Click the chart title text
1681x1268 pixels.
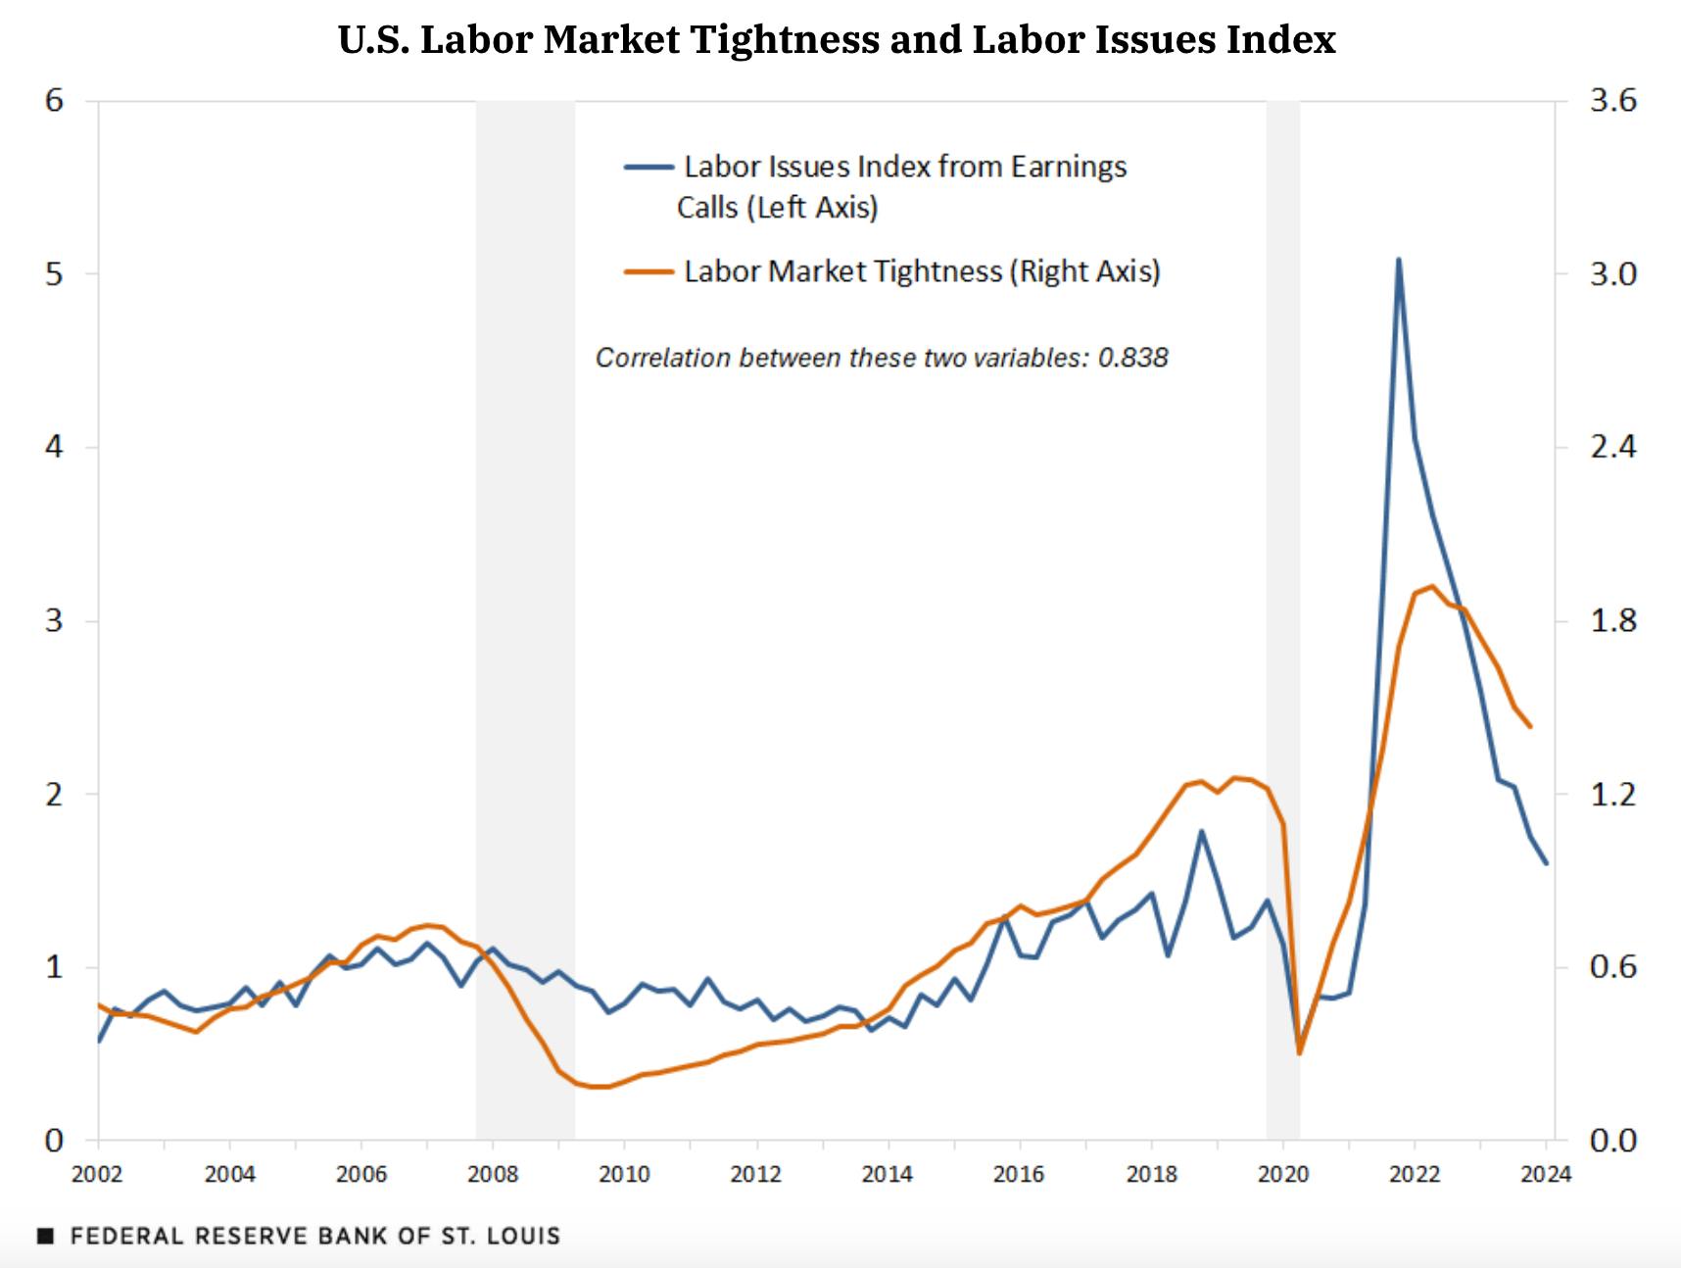(837, 40)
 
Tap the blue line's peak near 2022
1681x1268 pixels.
(1398, 260)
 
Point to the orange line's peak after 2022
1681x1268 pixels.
(1432, 587)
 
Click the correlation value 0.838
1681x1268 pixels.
(1132, 358)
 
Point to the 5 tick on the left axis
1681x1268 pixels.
(54, 274)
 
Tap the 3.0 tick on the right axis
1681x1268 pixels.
(1612, 274)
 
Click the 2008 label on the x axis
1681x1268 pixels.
(493, 1174)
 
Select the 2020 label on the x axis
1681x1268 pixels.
(1282, 1174)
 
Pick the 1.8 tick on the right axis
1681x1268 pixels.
(1612, 621)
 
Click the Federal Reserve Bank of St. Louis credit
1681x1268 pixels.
(314, 1236)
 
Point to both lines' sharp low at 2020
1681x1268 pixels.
(1299, 1050)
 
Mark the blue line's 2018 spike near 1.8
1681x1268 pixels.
(1201, 832)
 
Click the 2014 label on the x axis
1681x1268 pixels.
(888, 1174)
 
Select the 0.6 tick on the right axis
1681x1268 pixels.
(1612, 968)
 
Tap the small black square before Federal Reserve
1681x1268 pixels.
(45, 1237)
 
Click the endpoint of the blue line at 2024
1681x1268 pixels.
(1546, 863)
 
